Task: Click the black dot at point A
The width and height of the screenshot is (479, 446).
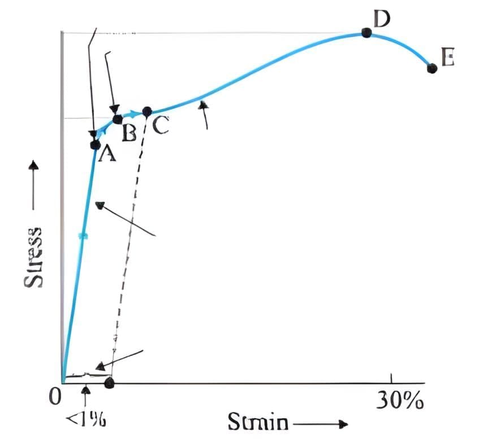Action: pyautogui.click(x=95, y=144)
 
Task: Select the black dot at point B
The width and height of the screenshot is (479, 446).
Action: pyautogui.click(x=118, y=119)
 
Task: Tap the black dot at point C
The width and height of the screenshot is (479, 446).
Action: pyautogui.click(x=147, y=111)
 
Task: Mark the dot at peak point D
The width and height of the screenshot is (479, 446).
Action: pyautogui.click(x=366, y=33)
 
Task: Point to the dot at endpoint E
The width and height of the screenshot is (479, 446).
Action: pyautogui.click(x=432, y=68)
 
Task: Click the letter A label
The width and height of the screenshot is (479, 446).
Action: pyautogui.click(x=107, y=153)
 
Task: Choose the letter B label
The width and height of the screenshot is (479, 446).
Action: pyautogui.click(x=129, y=132)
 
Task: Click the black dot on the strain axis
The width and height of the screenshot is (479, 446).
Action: pyautogui.click(x=110, y=383)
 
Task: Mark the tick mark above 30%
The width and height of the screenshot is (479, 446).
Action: pyautogui.click(x=391, y=378)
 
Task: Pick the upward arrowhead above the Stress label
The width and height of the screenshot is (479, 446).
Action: pyautogui.click(x=33, y=166)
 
